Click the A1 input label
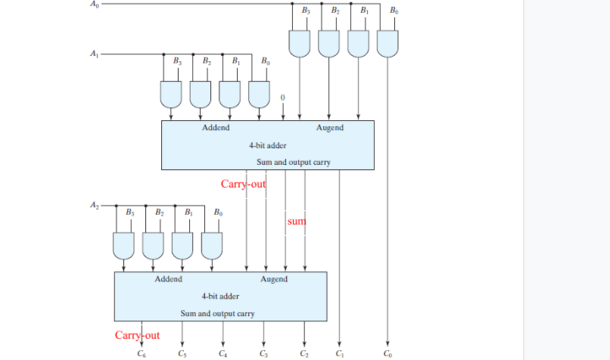[93, 54]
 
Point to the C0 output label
[387, 354]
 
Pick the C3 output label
[263, 354]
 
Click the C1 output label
[339, 354]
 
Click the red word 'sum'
[296, 222]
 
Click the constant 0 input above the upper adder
[283, 98]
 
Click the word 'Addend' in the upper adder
[216, 128]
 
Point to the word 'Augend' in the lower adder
[274, 279]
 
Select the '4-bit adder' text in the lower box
[220, 296]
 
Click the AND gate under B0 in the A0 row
[387, 44]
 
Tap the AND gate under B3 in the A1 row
[171, 93]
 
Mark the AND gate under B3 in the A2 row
[124, 244]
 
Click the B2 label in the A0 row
[335, 11]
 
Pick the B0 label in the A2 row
[218, 213]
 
